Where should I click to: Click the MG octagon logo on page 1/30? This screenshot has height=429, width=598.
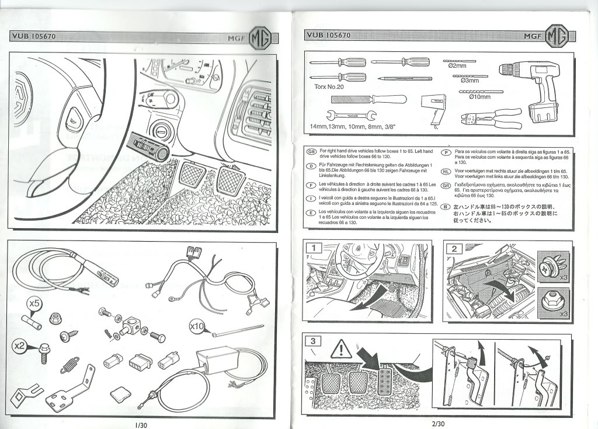(x=260, y=39)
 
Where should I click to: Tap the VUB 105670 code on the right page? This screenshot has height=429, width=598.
(x=328, y=35)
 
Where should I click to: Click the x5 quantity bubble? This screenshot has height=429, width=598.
(x=34, y=303)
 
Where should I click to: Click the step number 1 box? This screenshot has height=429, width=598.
(x=314, y=247)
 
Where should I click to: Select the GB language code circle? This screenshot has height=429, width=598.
(x=312, y=151)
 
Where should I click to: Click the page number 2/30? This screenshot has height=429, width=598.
(x=439, y=424)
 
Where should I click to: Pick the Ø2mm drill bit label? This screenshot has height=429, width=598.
(x=464, y=66)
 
